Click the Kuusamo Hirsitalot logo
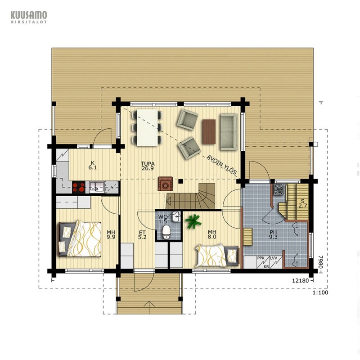click(29, 17)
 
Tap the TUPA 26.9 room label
click(148, 166)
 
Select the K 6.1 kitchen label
click(93, 165)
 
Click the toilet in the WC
click(166, 232)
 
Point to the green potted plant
click(193, 221)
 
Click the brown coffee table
click(209, 131)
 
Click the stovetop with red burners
click(78, 187)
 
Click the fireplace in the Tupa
click(165, 184)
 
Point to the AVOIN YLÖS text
click(221, 165)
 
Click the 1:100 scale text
click(320, 292)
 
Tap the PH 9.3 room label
click(273, 234)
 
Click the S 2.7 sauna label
click(303, 203)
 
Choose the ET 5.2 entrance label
click(142, 234)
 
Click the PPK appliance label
click(261, 258)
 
